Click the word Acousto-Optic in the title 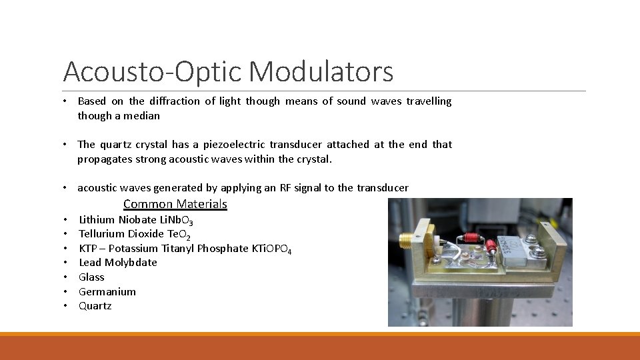click(x=155, y=72)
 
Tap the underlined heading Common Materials click(x=175, y=204)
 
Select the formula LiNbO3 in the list click(x=173, y=220)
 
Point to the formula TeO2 click(x=179, y=234)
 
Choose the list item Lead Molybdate click(x=118, y=263)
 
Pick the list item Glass click(x=91, y=277)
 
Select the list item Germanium click(x=107, y=292)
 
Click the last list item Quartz click(x=95, y=306)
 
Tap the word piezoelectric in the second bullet click(x=237, y=145)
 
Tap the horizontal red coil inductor click(x=471, y=237)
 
